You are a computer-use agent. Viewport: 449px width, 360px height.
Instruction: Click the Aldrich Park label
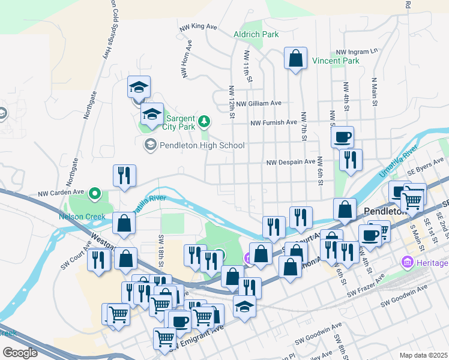[x=256, y=35]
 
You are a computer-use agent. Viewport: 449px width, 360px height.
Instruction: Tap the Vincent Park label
[x=336, y=61]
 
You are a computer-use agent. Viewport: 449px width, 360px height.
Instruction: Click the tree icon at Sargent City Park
[x=205, y=122]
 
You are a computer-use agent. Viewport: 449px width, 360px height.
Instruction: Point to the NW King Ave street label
[x=197, y=26]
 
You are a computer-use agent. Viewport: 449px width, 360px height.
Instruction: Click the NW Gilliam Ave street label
[x=259, y=103]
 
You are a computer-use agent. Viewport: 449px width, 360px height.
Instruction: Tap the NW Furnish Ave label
[x=274, y=122]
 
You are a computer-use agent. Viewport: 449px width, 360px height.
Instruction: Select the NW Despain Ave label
[x=291, y=162]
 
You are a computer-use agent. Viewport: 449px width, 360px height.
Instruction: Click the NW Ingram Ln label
[x=357, y=52]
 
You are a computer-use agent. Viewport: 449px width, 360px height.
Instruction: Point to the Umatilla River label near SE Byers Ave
[x=398, y=161]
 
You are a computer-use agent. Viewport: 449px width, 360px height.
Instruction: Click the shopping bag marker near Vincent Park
[x=295, y=59]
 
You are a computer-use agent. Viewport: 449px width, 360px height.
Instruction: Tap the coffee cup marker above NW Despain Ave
[x=342, y=137]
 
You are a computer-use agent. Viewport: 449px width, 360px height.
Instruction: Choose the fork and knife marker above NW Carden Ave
[x=124, y=176]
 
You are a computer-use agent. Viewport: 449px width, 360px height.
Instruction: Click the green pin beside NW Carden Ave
[x=94, y=194]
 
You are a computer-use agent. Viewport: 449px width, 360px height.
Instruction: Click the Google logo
[x=20, y=353]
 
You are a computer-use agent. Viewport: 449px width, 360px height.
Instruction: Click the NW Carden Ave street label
[x=59, y=194]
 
